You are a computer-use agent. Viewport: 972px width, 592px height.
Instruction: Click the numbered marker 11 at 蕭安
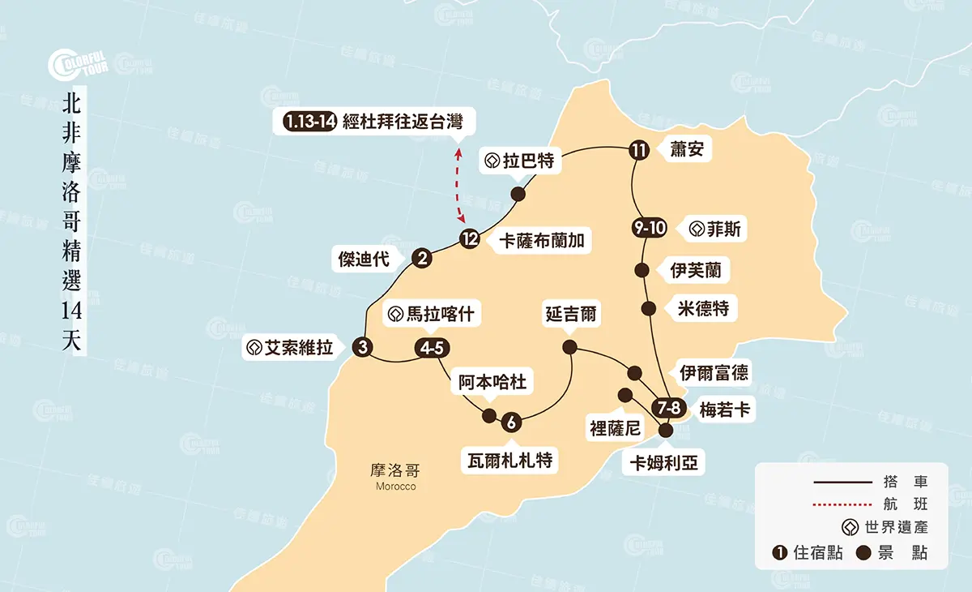pyautogui.click(x=639, y=150)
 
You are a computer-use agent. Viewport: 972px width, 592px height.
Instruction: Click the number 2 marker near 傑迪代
pyautogui.click(x=421, y=259)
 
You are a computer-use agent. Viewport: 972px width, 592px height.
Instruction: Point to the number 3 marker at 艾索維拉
pyautogui.click(x=363, y=348)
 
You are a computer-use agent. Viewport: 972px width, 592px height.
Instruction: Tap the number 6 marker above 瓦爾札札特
pyautogui.click(x=511, y=423)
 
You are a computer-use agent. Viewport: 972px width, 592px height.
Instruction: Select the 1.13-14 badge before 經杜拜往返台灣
pyautogui.click(x=310, y=122)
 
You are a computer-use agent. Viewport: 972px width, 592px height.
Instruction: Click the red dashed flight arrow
pyautogui.click(x=459, y=185)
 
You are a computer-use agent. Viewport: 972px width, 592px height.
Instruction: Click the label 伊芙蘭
pyautogui.click(x=696, y=269)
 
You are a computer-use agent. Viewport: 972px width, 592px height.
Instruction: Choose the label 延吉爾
pyautogui.click(x=571, y=314)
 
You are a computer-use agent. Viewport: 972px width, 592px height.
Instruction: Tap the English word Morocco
pyautogui.click(x=396, y=486)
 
